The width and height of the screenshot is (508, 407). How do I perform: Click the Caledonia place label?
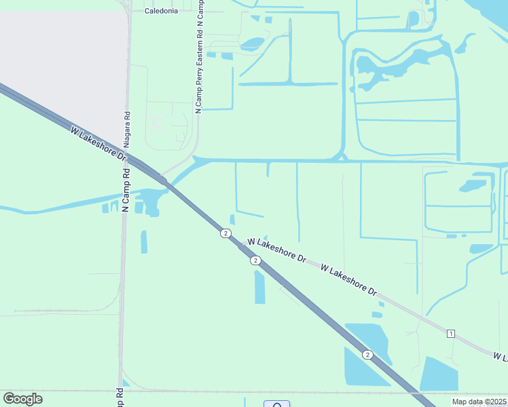click(161, 11)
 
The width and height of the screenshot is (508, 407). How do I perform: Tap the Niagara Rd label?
click(127, 130)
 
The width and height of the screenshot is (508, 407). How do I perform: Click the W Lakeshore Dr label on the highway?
click(98, 142)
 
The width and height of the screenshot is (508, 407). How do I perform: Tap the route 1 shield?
click(450, 333)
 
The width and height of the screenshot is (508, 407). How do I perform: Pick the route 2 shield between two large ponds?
click(367, 354)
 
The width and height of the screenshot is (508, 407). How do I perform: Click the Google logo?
click(22, 399)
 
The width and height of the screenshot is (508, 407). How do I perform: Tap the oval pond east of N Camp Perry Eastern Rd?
click(252, 43)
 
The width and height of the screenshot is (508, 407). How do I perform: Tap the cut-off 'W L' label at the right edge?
click(500, 356)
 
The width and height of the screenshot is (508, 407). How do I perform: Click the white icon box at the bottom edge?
click(276, 404)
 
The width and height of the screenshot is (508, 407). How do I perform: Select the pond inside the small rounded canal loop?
click(473, 185)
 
